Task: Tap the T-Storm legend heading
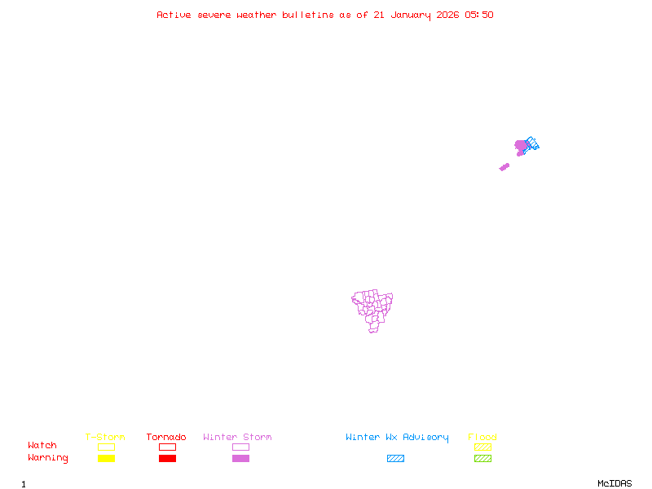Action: click(105, 438)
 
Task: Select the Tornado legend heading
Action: click(166, 438)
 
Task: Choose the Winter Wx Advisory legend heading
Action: click(397, 438)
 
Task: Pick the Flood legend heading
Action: click(482, 438)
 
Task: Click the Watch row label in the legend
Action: click(42, 446)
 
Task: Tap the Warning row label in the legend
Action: click(48, 458)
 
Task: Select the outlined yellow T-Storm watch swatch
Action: click(106, 447)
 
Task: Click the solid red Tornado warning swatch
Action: click(167, 459)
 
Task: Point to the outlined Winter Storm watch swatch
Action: click(240, 447)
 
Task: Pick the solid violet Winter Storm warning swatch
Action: click(240, 459)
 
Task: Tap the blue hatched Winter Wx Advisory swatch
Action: click(395, 459)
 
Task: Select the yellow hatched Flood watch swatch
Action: click(482, 447)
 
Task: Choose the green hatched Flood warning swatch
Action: click(482, 459)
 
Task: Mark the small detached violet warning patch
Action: click(504, 167)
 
